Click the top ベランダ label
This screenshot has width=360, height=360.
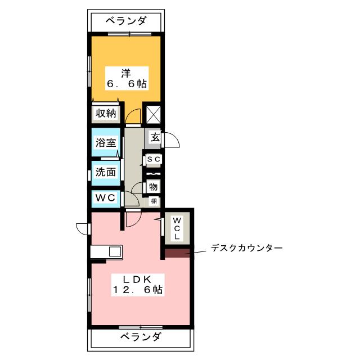click(x=127, y=21)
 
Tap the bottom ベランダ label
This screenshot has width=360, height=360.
click(x=140, y=337)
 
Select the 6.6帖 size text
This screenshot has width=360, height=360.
click(x=127, y=84)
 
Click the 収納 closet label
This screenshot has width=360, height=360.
click(x=105, y=113)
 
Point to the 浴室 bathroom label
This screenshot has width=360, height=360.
click(x=105, y=142)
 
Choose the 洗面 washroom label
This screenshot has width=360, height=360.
click(x=105, y=172)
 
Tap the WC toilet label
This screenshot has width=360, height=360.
click(x=105, y=198)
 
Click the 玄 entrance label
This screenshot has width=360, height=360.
click(x=154, y=137)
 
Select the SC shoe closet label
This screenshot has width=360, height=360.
click(x=154, y=160)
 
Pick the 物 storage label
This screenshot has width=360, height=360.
click(x=154, y=186)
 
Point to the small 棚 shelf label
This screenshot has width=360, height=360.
click(x=154, y=201)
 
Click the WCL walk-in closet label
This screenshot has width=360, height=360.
click(x=176, y=228)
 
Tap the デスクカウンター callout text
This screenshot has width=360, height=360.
click(x=246, y=247)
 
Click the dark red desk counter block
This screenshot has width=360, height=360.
click(x=178, y=253)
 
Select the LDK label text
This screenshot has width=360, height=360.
click(x=136, y=279)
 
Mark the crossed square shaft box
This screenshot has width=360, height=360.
click(x=154, y=114)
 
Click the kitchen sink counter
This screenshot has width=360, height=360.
click(x=106, y=251)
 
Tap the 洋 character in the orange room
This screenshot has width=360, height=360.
click(x=127, y=72)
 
